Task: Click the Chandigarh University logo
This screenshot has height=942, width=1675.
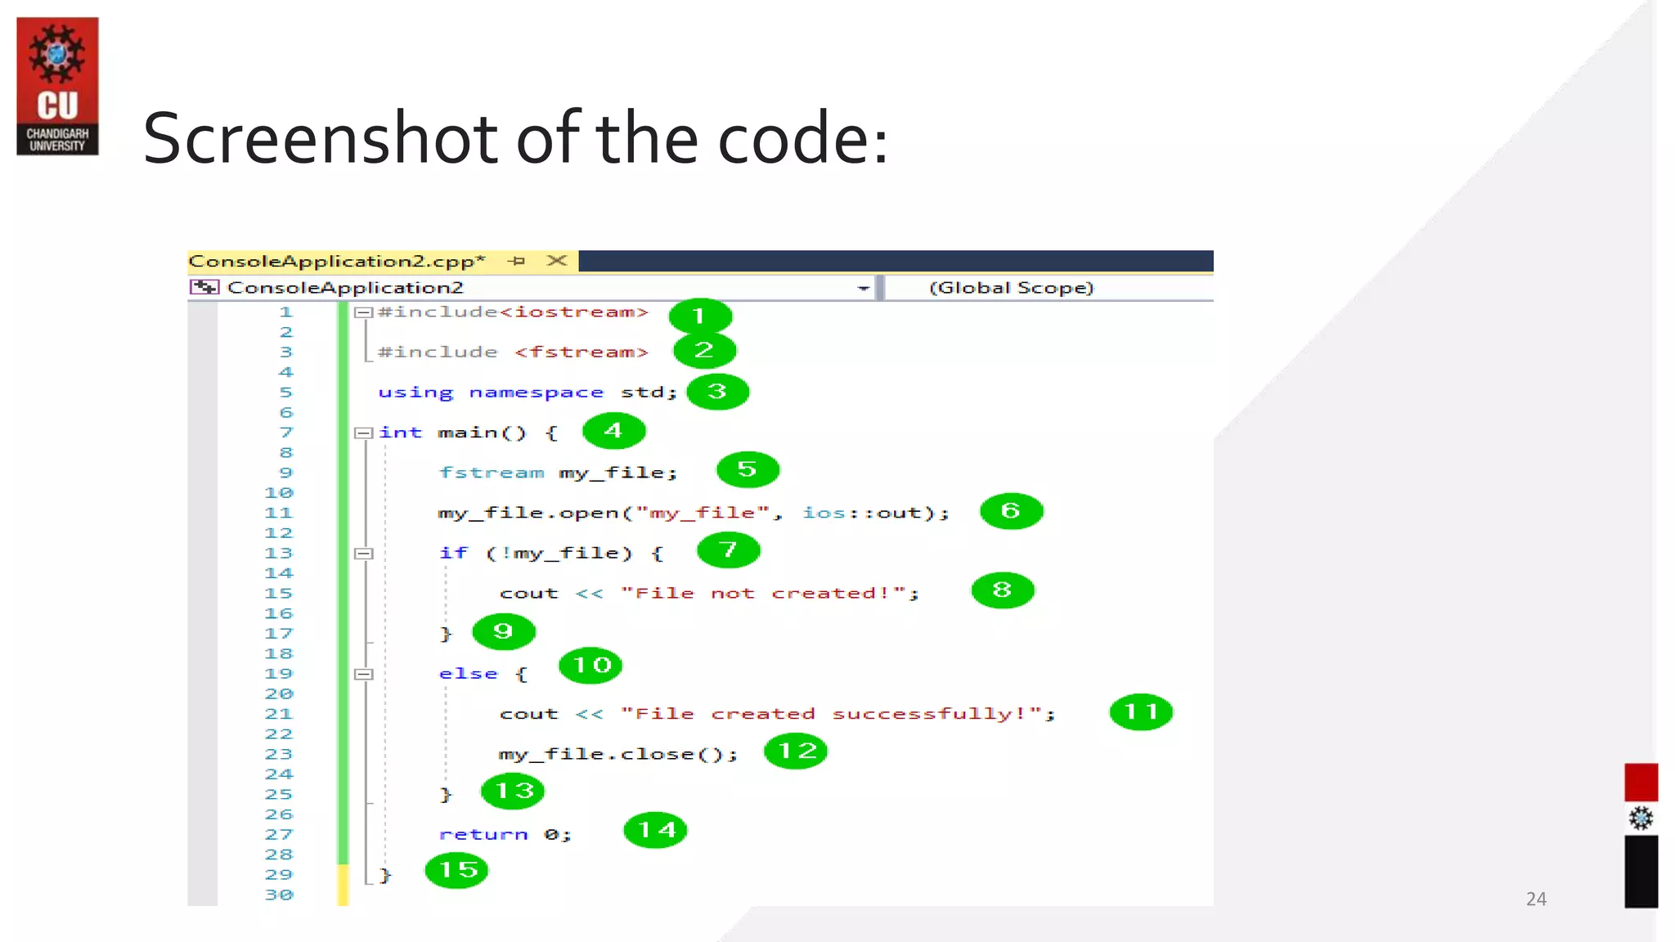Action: coord(57,86)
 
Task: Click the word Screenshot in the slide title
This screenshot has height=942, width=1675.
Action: coord(320,138)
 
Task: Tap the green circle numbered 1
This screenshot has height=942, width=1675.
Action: coord(699,316)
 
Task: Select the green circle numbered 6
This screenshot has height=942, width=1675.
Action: coord(1011,511)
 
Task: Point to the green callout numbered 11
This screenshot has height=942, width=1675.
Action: coord(1141,711)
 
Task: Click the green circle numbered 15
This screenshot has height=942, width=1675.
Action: coord(457,869)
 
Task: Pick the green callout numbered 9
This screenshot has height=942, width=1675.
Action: coord(504,630)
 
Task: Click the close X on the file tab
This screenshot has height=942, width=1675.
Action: coord(557,261)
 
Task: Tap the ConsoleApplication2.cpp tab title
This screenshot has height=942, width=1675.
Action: coord(336,261)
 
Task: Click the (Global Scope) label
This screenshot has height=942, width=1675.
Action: coord(1011,288)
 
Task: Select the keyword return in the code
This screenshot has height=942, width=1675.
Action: coord(483,834)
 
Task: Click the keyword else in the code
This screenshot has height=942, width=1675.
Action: coord(468,674)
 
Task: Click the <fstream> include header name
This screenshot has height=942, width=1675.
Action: coord(582,352)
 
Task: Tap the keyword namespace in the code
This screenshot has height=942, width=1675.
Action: coord(536,392)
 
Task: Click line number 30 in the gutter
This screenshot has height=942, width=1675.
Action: coord(279,895)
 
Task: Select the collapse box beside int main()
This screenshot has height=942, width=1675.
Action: coord(364,433)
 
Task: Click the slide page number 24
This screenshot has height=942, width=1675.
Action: coord(1536,899)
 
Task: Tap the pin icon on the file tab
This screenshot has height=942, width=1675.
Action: coord(516,261)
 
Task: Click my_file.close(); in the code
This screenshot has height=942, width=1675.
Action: coord(617,754)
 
